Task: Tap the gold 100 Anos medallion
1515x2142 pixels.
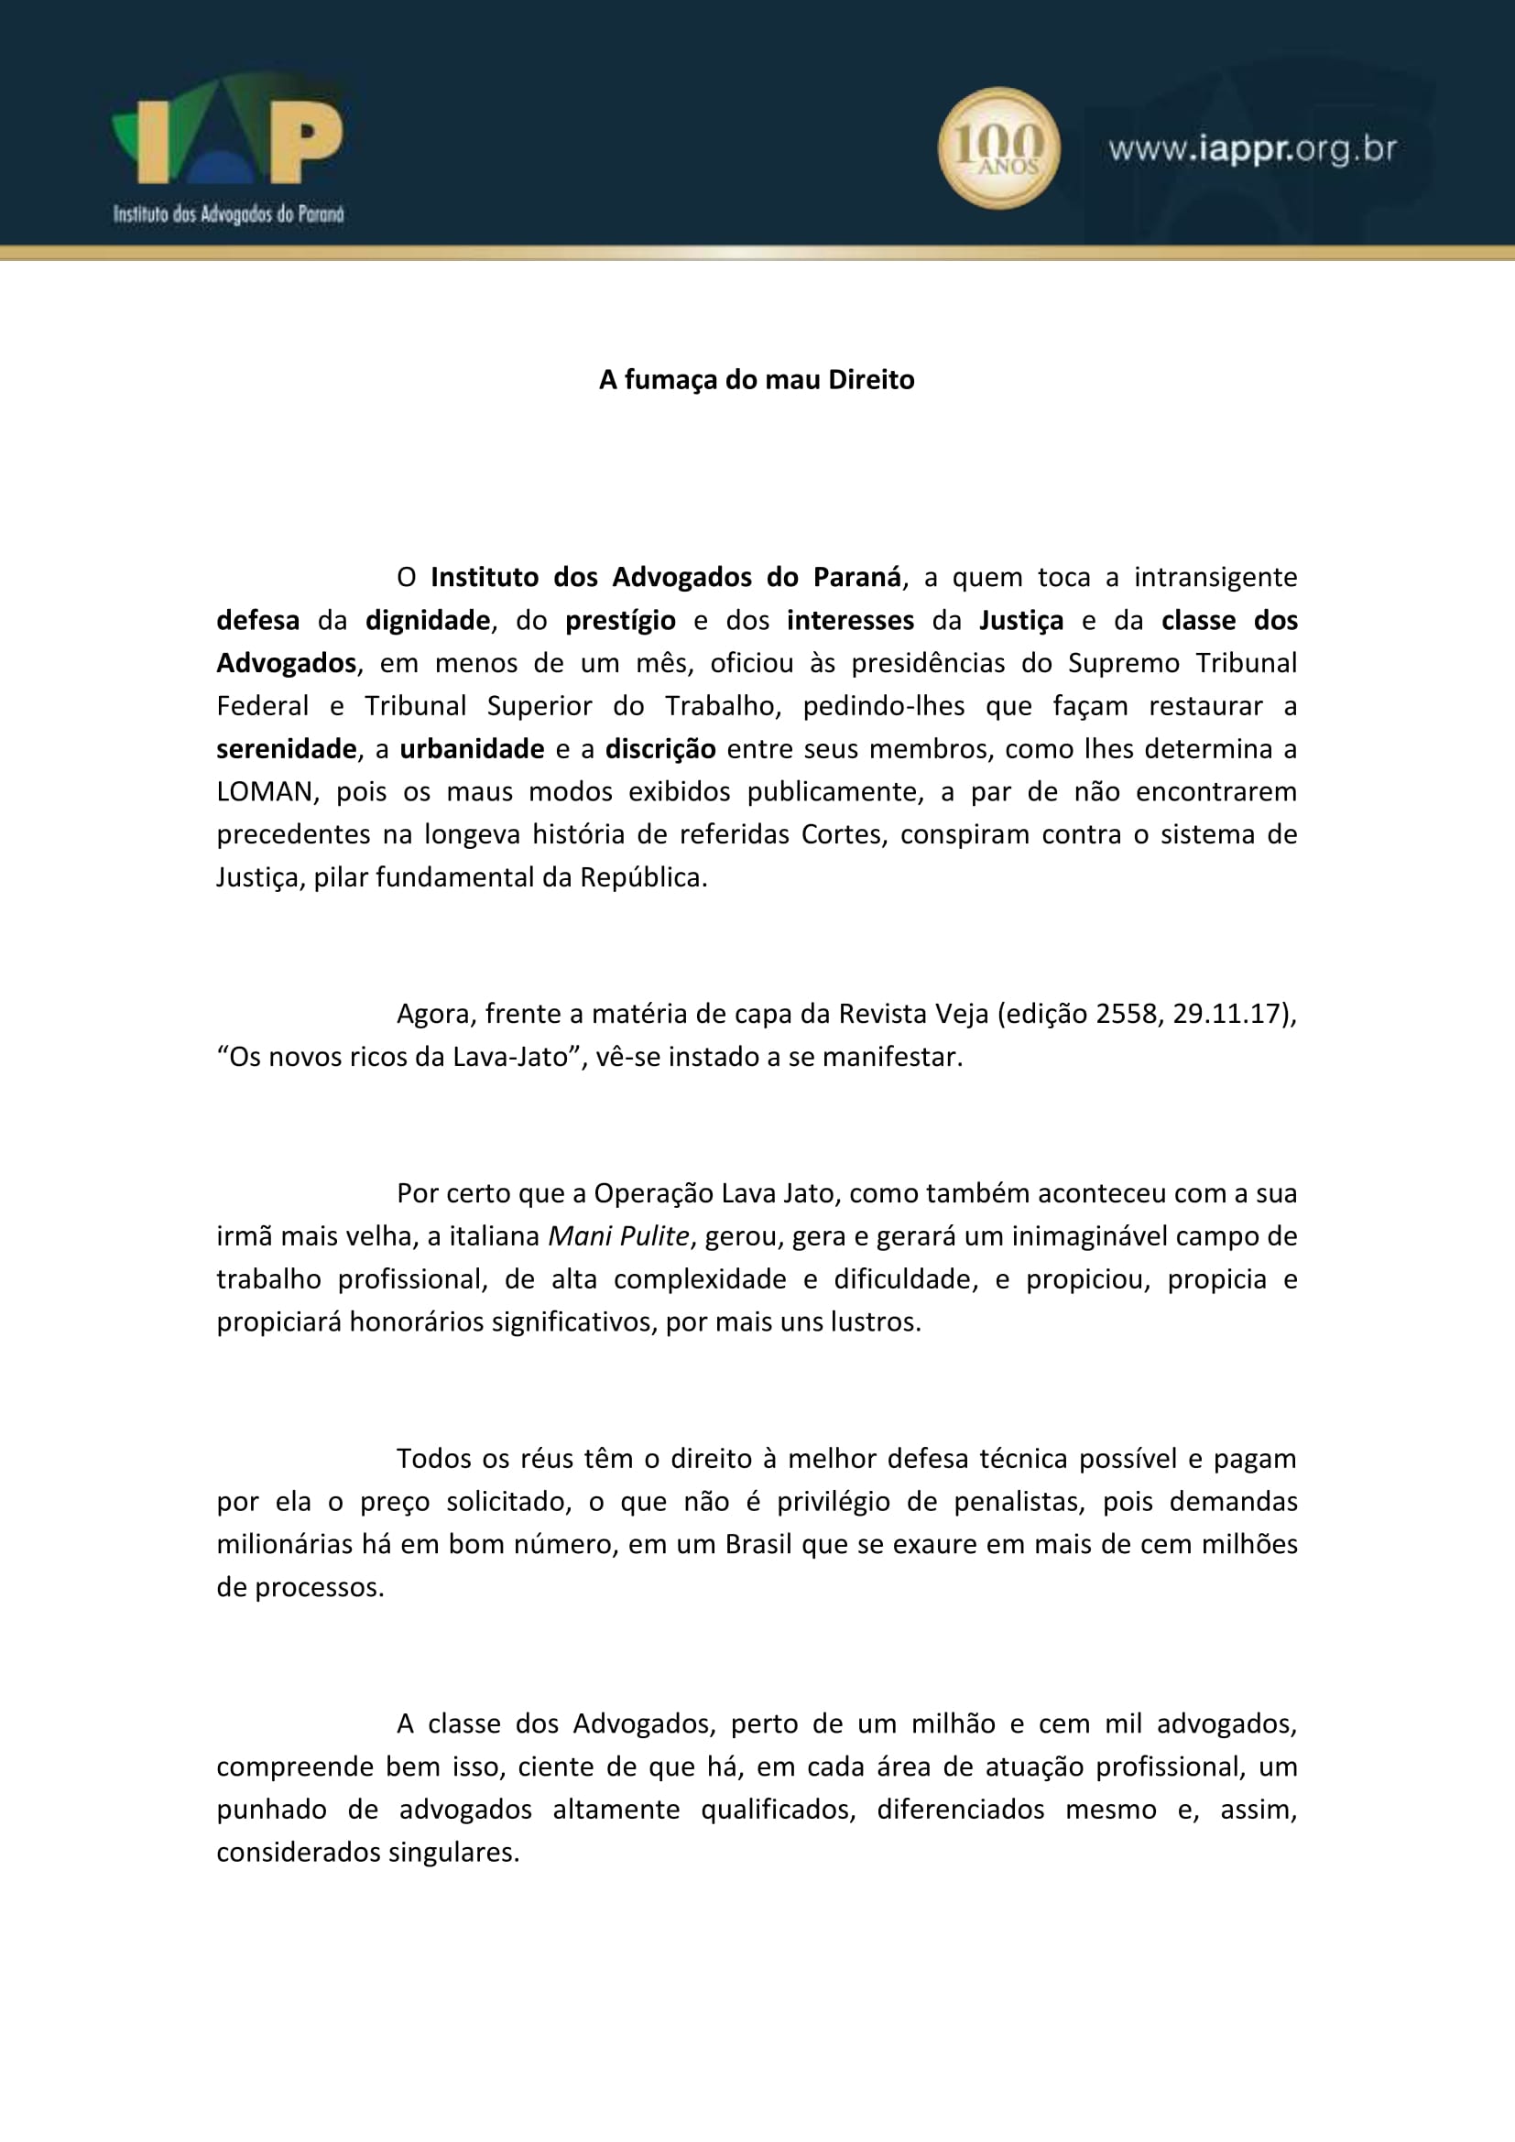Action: [x=998, y=148]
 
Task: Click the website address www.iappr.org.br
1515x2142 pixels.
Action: [x=1252, y=149]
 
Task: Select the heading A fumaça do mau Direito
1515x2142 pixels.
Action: [x=757, y=380]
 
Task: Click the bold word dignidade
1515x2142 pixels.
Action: [x=427, y=620]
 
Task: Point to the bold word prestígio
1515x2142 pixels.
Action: [x=620, y=620]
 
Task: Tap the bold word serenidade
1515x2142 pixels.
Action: [x=287, y=749]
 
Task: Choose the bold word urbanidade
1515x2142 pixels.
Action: [x=472, y=749]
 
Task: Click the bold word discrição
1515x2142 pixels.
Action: [x=660, y=749]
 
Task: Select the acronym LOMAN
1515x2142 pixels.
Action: [x=264, y=792]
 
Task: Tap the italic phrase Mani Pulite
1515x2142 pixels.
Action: [x=618, y=1236]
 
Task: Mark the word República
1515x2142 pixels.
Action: [x=643, y=878]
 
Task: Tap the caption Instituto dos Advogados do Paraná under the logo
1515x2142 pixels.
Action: [x=229, y=214]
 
